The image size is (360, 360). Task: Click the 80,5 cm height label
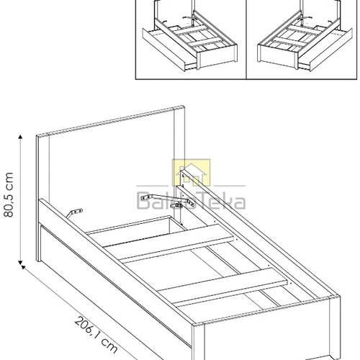coord(8,198)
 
